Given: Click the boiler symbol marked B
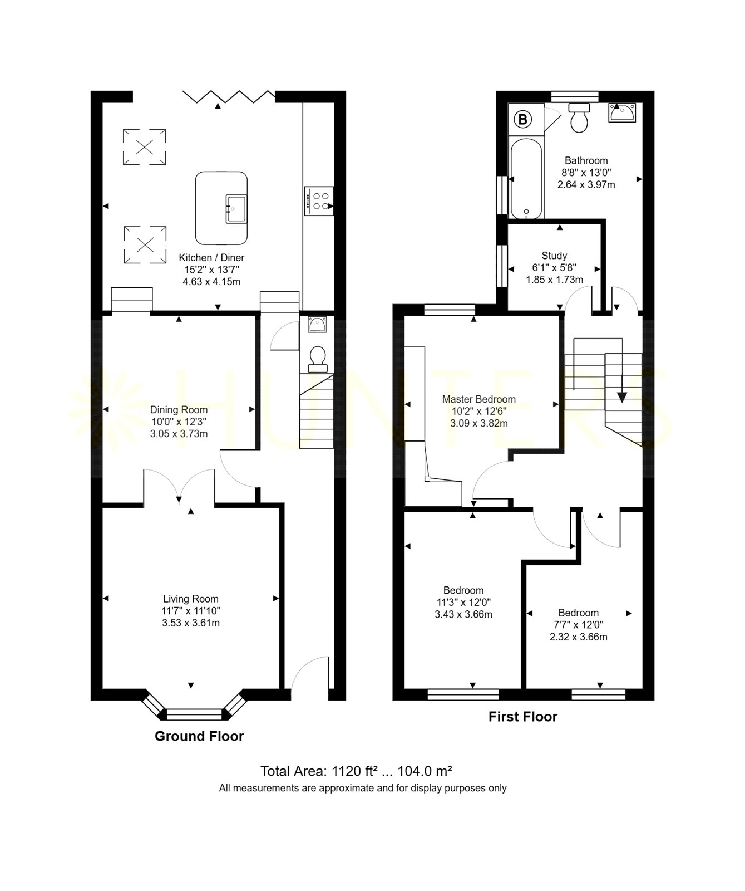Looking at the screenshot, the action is (x=523, y=118).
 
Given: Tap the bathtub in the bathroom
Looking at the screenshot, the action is (x=525, y=177).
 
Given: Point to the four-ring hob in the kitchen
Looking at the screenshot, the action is (x=319, y=200).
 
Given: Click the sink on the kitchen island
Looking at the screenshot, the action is (x=236, y=209).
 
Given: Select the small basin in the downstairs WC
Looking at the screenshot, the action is (x=318, y=325).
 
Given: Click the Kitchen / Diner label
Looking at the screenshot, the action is (x=211, y=258).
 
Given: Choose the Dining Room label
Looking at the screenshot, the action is (x=179, y=410).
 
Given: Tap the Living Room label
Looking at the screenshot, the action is (x=191, y=599).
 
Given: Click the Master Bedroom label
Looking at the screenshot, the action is (x=479, y=399).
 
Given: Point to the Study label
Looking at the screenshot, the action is (x=554, y=256).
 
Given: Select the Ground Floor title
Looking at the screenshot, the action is (x=199, y=736).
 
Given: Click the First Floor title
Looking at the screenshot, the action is (x=523, y=717).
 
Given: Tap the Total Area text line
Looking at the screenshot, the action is (x=356, y=771).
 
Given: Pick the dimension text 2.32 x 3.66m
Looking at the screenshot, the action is (x=579, y=637).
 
